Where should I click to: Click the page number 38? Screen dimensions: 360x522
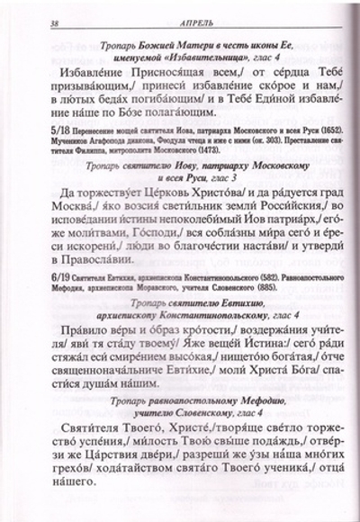pos(32,22)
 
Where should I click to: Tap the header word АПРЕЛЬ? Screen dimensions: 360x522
pos(184,22)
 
